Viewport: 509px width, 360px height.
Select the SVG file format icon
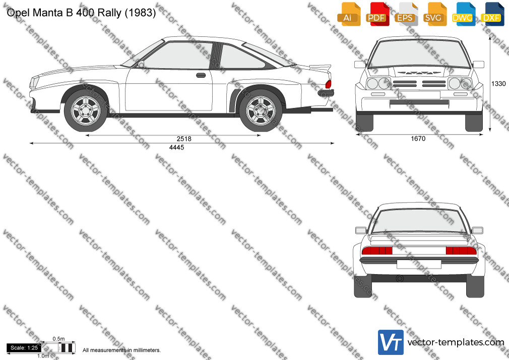[x=434, y=14]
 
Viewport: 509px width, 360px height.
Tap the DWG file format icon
[x=463, y=14]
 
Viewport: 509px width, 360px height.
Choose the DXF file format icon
[x=492, y=14]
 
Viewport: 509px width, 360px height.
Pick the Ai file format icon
[x=349, y=14]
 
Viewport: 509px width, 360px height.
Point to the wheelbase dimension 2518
[x=184, y=139]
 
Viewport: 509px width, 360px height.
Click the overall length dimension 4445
[x=176, y=148]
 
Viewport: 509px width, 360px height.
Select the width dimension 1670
[x=418, y=139]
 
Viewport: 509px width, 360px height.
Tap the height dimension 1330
[x=498, y=84]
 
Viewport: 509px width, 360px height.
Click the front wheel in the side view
[x=86, y=110]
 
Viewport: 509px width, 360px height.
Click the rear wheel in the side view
[x=261, y=110]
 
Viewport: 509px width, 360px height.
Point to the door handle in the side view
[x=201, y=76]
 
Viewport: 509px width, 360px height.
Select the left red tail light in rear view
[x=377, y=251]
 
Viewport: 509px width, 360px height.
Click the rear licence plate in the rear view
[x=419, y=264]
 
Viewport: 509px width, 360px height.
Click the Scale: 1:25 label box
[x=24, y=348]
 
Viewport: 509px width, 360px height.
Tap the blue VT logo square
[x=391, y=342]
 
